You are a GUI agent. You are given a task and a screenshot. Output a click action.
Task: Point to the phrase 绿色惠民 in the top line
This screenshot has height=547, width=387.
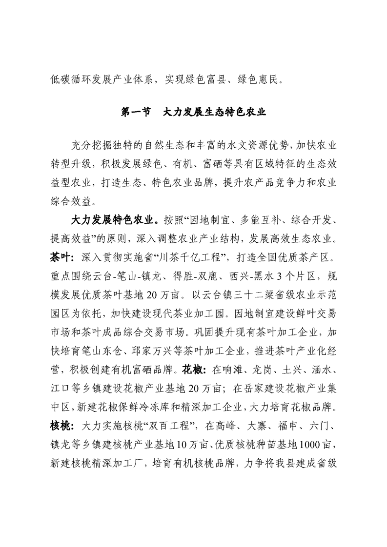tap(263, 79)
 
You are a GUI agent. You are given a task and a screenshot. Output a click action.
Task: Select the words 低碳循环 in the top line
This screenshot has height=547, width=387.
tap(67, 79)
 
